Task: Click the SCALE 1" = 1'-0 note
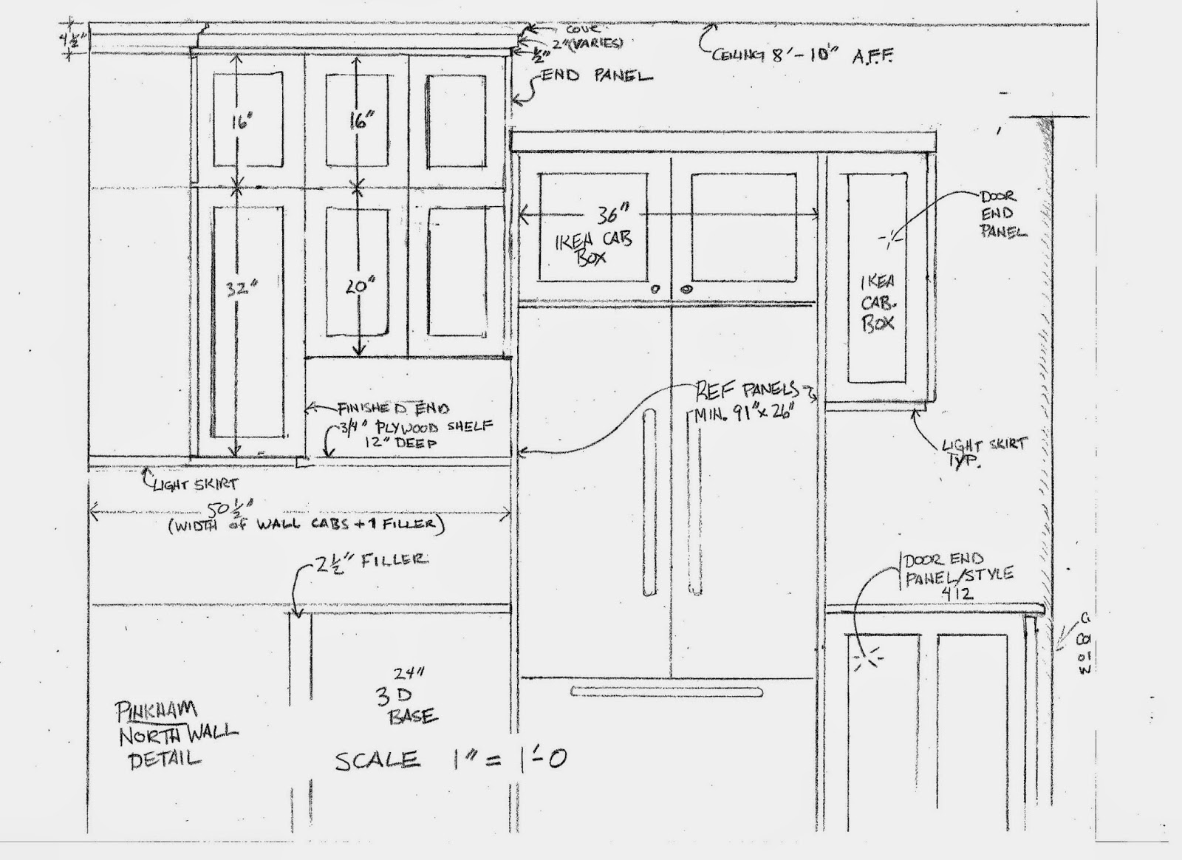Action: pyautogui.click(x=451, y=759)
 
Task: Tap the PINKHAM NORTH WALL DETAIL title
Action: pyautogui.click(x=174, y=734)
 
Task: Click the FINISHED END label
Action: pyautogui.click(x=393, y=408)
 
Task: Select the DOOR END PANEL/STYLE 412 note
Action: pyautogui.click(x=957, y=574)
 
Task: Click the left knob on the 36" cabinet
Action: pyautogui.click(x=655, y=290)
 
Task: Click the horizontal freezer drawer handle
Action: pyautogui.click(x=666, y=692)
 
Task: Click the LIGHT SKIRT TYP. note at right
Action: pyautogui.click(x=984, y=451)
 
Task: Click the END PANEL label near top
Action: pyautogui.click(x=597, y=76)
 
